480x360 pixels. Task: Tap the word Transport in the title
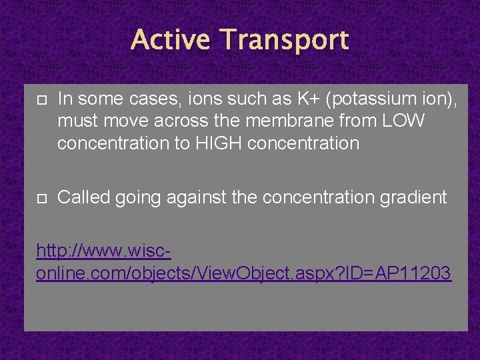tap(286, 40)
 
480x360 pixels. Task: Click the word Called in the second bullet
tap(81, 197)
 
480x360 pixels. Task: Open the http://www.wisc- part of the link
tap(104, 251)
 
